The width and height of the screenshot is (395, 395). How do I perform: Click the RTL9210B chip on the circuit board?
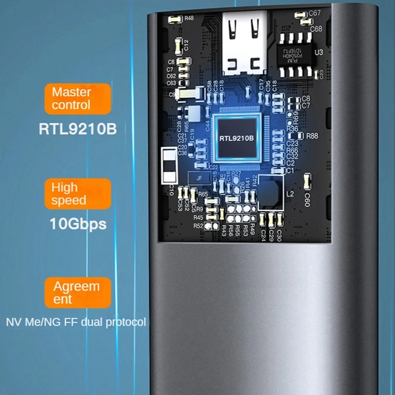[x=236, y=138]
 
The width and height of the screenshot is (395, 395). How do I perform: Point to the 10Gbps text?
[x=78, y=223]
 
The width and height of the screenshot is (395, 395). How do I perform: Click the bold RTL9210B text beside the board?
[x=78, y=129]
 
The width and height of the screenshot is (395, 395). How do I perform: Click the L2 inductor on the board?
[x=271, y=191]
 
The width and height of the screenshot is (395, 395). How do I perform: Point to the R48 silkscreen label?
[x=189, y=19]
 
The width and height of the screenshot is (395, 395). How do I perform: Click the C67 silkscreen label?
[x=315, y=13]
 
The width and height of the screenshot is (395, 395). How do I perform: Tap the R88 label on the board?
[x=312, y=136]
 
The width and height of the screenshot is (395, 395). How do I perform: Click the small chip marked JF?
[x=199, y=179]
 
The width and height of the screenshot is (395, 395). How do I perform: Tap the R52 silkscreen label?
[x=198, y=226]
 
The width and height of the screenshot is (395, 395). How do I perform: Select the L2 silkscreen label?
[x=290, y=194]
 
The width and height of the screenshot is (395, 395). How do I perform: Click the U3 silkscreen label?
[x=318, y=51]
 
